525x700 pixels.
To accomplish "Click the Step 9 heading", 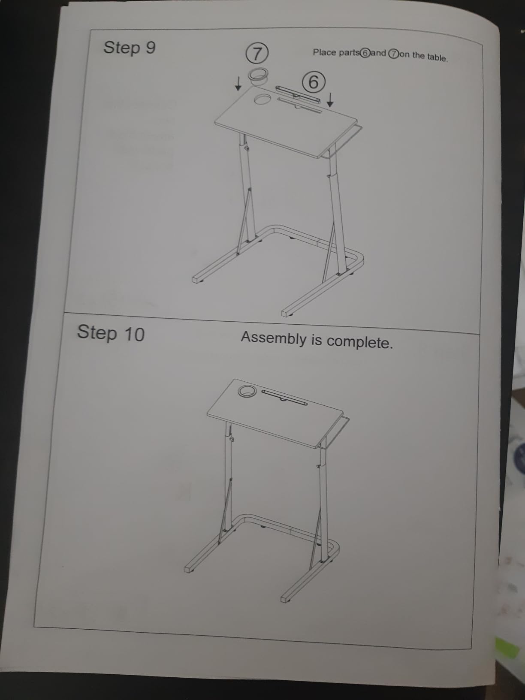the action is coord(130,48).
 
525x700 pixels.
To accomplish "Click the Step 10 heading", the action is coord(111,333).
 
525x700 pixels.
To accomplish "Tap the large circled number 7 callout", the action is coord(256,53).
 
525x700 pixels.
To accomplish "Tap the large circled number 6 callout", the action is coord(314,82).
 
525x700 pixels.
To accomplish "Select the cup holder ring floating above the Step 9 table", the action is coord(258,76).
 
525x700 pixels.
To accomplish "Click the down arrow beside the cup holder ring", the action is coord(238,84).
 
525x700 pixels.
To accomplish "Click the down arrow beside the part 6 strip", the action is coord(330,100).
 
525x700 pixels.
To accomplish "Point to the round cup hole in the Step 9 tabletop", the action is coord(263,99).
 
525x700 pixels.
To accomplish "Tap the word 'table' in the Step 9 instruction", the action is coord(437,58).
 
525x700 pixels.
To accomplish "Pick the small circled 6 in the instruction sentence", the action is coord(365,53).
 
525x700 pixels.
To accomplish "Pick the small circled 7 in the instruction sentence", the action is coord(393,54).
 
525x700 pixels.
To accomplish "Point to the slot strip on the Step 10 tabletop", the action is coord(285,397).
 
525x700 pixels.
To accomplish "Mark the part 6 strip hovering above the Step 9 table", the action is coord(298,93).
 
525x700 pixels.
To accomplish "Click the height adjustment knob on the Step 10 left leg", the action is coord(232,439).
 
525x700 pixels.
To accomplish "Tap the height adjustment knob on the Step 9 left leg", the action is coord(247,148).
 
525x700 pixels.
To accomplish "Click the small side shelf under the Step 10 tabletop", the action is coord(334,432).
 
